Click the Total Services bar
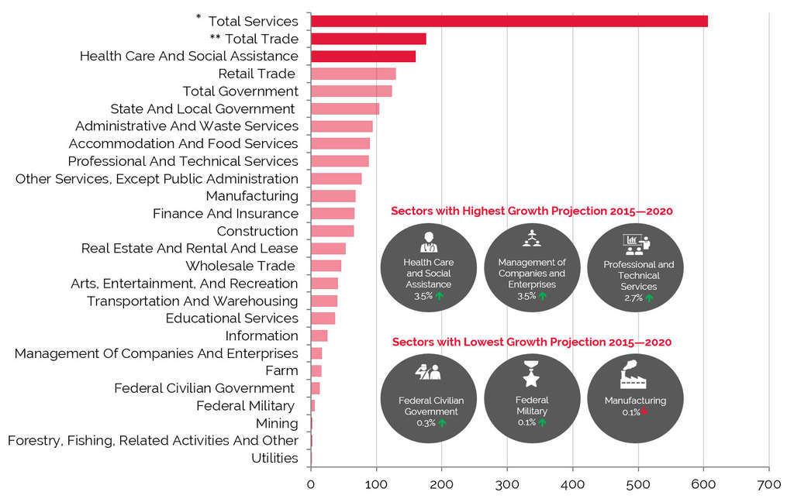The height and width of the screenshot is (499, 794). coord(509,21)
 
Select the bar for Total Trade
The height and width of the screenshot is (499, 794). coord(368,39)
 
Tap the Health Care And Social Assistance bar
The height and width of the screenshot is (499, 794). coord(363,56)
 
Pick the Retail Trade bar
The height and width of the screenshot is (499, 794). coord(353,74)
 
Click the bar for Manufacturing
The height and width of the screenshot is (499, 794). coord(333,196)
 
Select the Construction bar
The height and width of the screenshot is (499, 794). coord(332,231)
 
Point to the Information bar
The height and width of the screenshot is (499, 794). coord(319,336)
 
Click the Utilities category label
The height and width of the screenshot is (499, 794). coord(274,458)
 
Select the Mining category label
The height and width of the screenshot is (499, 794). coord(277,423)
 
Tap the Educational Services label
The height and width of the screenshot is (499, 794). coord(232,318)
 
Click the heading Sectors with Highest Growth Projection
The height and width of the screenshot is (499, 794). coord(531,211)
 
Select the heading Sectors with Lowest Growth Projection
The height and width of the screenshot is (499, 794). coord(531,342)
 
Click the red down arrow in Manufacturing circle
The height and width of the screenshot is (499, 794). coord(644,412)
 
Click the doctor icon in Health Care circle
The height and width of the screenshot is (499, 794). coord(428,242)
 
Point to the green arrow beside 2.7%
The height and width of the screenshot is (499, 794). coord(649,298)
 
